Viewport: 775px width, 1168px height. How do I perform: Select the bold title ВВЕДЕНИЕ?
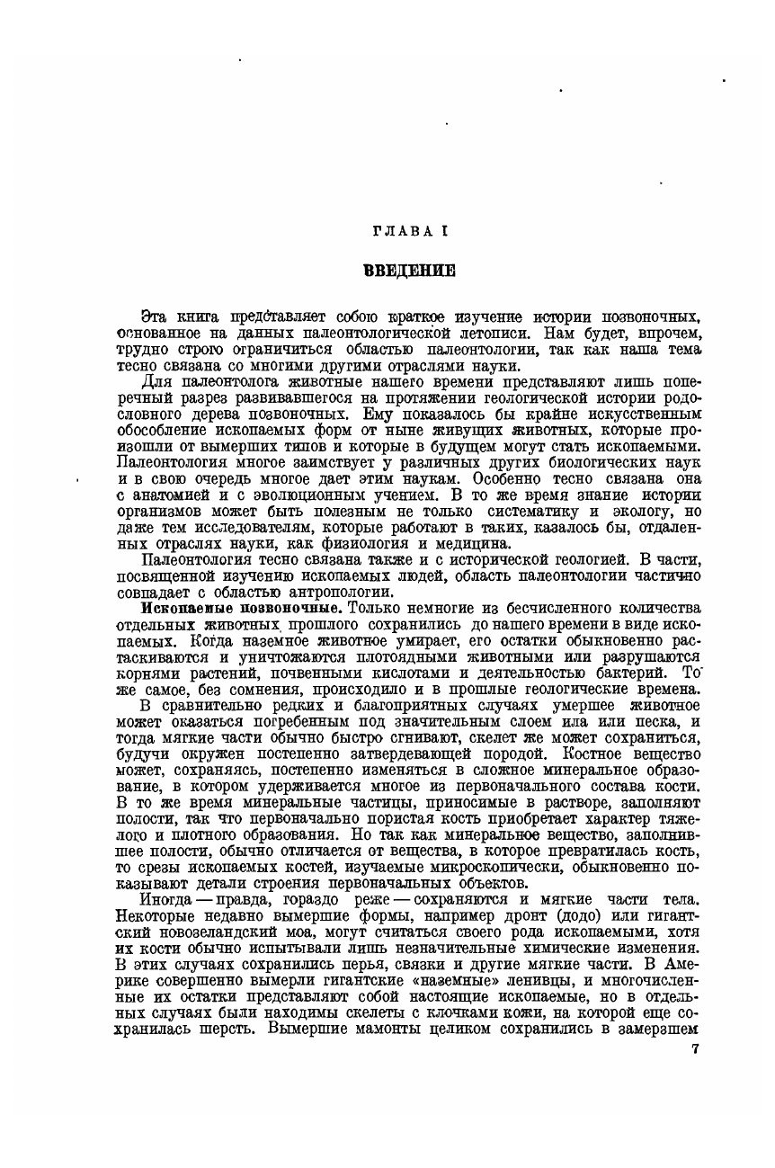(409, 269)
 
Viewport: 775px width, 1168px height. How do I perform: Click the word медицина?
(480, 543)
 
